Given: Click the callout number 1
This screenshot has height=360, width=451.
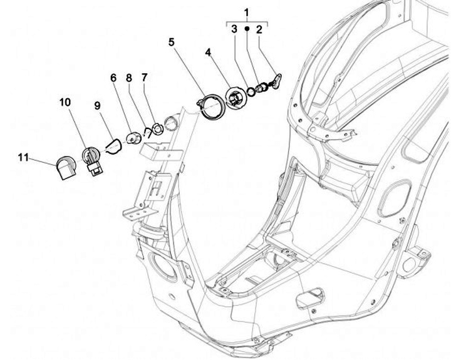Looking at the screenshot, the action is [x=246, y=13].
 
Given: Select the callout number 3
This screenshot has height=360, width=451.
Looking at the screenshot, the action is [x=233, y=29].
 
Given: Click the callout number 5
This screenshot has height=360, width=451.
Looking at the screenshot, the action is [x=171, y=43].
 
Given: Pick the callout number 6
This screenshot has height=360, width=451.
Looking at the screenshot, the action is [x=113, y=78].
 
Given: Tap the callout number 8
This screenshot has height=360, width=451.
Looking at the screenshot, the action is [x=129, y=78].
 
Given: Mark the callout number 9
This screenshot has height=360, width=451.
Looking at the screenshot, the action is [x=98, y=106].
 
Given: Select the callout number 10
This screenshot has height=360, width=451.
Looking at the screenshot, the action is [x=65, y=103].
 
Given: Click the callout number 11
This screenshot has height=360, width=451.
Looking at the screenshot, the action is [x=23, y=157].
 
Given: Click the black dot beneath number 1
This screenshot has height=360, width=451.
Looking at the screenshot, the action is [x=247, y=29].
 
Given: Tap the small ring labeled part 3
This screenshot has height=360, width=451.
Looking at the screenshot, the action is [x=251, y=91].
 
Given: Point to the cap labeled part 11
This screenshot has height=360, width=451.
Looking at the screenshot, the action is [x=65, y=167].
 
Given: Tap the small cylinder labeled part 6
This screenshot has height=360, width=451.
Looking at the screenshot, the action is [x=133, y=138].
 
